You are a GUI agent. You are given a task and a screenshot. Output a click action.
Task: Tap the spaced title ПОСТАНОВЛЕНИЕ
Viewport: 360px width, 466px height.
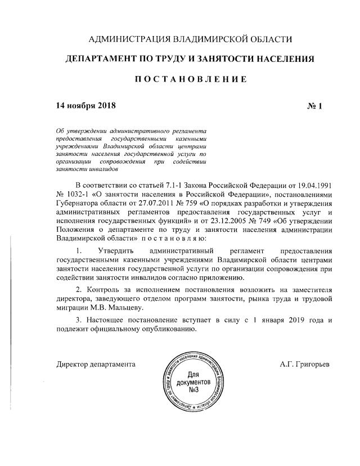[x=191, y=79]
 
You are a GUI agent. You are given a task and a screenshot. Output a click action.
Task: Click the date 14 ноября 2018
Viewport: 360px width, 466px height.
[x=85, y=105]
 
